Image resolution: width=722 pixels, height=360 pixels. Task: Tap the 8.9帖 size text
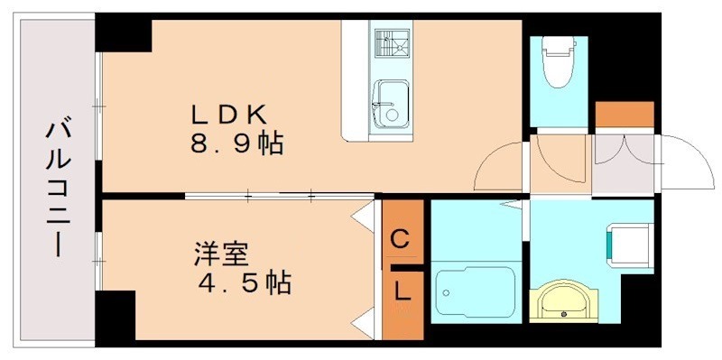tap(236, 143)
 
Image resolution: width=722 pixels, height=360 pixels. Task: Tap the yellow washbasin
tap(563, 301)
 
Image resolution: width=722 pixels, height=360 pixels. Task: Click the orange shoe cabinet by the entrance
tap(624, 115)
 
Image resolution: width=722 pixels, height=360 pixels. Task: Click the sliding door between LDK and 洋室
tap(280, 194)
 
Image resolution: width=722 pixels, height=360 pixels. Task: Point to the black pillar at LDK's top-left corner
tap(125, 34)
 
